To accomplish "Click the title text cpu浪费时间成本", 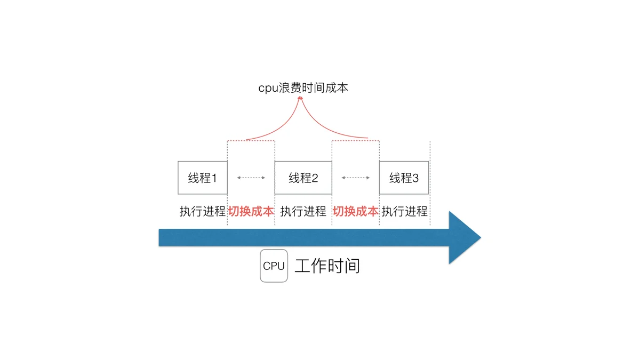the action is (303, 88).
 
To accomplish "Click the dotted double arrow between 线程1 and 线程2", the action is (251, 178).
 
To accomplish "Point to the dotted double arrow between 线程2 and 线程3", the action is (356, 178).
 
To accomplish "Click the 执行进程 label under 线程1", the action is (203, 211).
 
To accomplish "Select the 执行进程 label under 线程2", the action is (303, 211).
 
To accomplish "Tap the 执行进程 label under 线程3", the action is (405, 211).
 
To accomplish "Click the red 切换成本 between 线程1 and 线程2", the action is (251, 211).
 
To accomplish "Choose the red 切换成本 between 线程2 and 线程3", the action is (356, 211).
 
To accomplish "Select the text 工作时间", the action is (327, 266).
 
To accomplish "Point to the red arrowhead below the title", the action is (300, 98).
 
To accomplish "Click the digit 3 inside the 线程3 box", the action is (415, 178).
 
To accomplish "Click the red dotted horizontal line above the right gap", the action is (356, 141).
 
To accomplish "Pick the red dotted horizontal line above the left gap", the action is (251, 141).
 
